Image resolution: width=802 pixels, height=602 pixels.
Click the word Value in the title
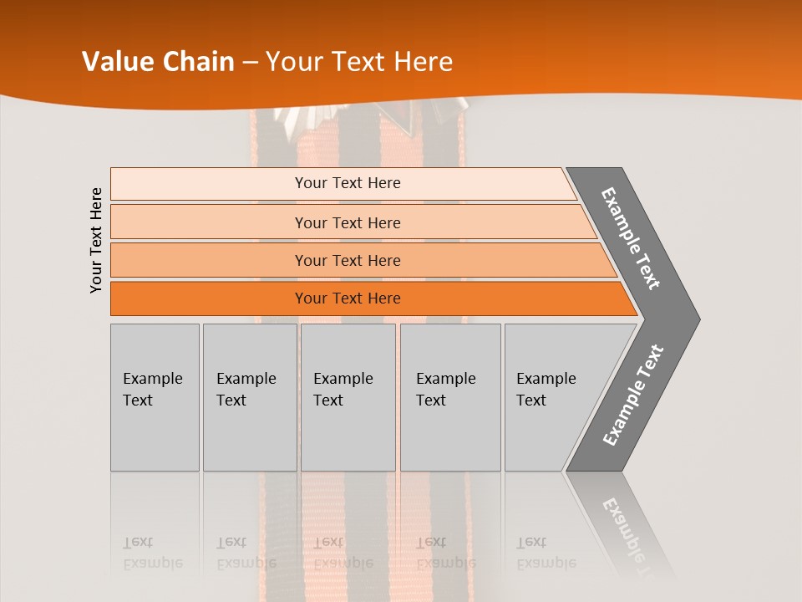click(x=117, y=62)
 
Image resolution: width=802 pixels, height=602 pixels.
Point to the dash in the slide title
click(x=250, y=63)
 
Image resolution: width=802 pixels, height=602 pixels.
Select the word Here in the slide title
click(x=423, y=62)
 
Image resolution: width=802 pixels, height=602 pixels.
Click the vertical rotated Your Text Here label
click(x=96, y=241)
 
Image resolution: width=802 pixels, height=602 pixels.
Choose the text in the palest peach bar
click(x=348, y=183)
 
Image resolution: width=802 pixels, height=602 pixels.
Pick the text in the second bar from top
click(x=348, y=222)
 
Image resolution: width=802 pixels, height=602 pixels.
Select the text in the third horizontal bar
click(x=348, y=261)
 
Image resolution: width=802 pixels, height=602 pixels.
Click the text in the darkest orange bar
click(x=348, y=298)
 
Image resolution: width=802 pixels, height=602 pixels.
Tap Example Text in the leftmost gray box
click(x=152, y=390)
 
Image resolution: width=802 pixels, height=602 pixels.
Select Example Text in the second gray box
click(x=246, y=390)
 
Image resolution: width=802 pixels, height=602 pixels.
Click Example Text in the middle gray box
click(x=343, y=390)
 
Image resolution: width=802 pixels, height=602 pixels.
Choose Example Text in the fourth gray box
click(x=445, y=390)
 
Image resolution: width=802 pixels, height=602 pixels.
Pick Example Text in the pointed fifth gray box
click(x=546, y=390)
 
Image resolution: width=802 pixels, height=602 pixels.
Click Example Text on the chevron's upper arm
click(x=631, y=238)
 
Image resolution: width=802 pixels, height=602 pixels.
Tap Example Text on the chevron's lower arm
click(x=632, y=395)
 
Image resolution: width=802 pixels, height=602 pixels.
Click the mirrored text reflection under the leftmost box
click(x=152, y=554)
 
